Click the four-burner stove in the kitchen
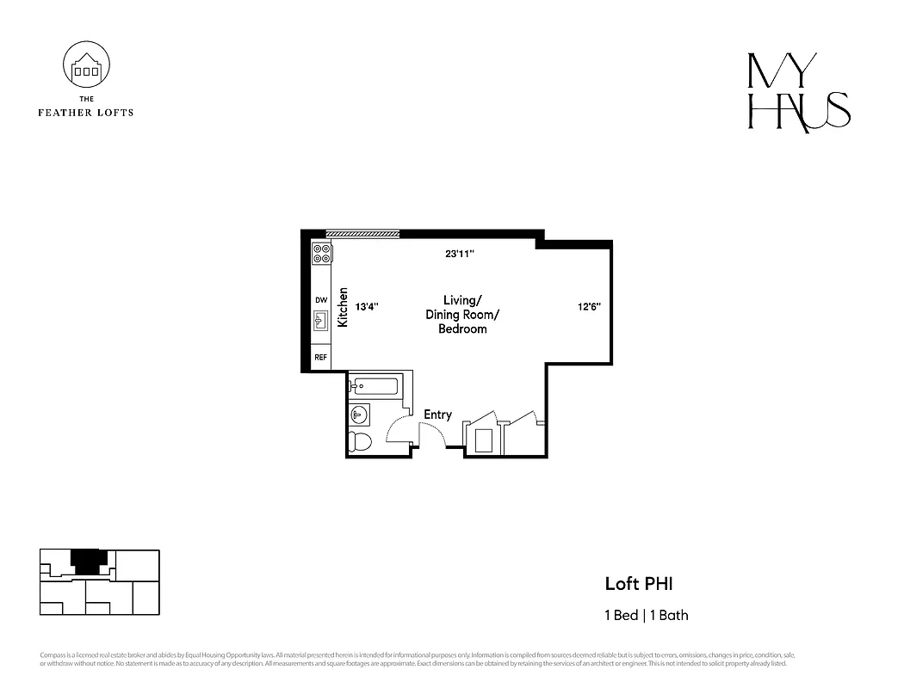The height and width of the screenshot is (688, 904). [323, 254]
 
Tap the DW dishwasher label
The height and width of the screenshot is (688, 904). [321, 299]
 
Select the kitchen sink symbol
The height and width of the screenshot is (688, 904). [322, 322]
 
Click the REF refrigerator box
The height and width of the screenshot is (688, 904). [321, 357]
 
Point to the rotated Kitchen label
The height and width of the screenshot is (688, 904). [343, 307]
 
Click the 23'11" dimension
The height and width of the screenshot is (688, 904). [460, 254]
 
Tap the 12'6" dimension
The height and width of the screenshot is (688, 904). [590, 306]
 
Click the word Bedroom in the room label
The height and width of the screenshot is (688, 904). [462, 329]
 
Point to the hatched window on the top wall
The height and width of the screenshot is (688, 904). [362, 233]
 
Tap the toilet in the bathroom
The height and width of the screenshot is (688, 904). [360, 442]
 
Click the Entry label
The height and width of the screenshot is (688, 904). [437, 415]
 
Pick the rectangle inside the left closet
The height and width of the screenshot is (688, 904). [482, 439]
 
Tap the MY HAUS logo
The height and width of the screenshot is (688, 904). [798, 94]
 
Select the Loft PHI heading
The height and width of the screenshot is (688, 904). [638, 584]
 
